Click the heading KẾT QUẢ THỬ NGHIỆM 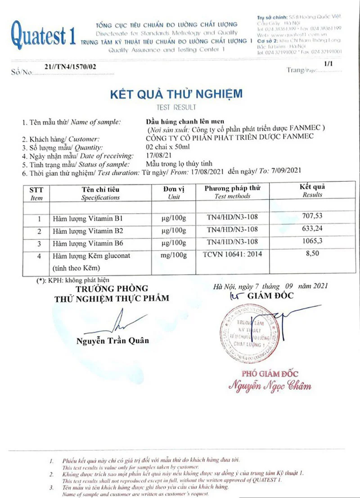pos(176,94)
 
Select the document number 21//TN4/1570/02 pos(71,67)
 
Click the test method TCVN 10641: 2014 pos(232,254)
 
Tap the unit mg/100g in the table pos(173,256)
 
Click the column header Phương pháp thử pos(232,188)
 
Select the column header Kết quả pos(312,187)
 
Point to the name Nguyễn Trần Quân pos(112,341)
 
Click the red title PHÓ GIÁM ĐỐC pos(270,373)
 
